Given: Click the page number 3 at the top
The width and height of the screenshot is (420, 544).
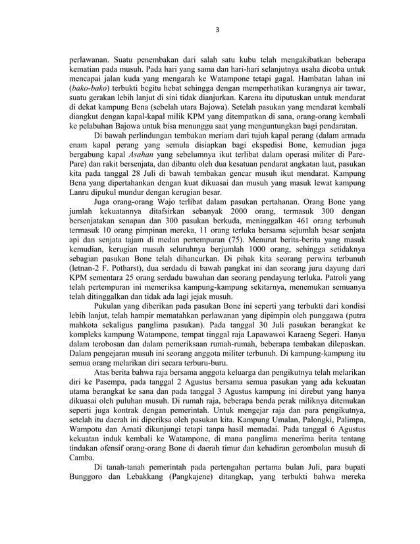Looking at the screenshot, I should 217,30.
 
